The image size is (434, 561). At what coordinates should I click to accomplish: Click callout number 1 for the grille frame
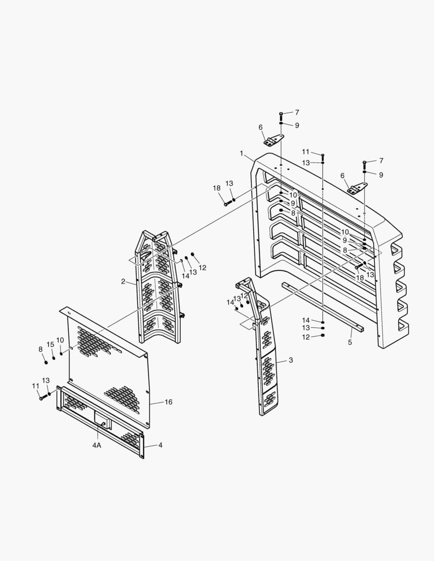[x=242, y=153]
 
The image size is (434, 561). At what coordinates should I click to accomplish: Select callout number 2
[x=123, y=282]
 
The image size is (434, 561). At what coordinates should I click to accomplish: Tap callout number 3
[x=291, y=360]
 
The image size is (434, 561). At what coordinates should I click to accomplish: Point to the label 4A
[x=97, y=445]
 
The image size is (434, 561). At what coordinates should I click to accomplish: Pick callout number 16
[x=168, y=402]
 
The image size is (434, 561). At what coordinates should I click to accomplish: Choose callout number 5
[x=350, y=342]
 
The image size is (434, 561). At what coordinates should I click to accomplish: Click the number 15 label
[x=50, y=345]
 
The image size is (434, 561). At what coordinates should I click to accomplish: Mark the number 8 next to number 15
[x=41, y=350]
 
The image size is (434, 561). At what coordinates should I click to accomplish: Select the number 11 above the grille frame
[x=306, y=152]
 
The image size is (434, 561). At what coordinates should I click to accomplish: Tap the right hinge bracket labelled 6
[x=358, y=189]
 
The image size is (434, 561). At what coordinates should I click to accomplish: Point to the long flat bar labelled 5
[x=322, y=306]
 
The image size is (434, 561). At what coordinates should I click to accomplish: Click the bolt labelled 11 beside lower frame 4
[x=41, y=398]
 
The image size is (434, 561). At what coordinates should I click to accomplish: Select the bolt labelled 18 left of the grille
[x=226, y=204]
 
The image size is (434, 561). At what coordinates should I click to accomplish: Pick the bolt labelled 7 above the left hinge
[x=281, y=114]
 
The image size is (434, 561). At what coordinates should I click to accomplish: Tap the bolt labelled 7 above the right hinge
[x=364, y=163]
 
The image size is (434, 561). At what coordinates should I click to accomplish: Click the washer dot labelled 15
[x=54, y=358]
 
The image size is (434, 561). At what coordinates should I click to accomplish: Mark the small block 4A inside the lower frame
[x=102, y=424]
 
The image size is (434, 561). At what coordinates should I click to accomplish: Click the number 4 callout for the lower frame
[x=161, y=445]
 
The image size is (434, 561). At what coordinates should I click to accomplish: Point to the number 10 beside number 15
[x=60, y=340]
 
